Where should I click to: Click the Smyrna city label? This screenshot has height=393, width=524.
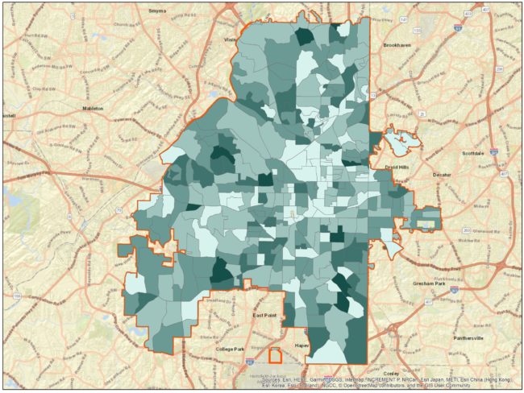click(157, 11)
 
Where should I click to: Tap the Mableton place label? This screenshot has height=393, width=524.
click(94, 107)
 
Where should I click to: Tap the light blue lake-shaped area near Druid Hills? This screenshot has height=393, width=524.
click(400, 144)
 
